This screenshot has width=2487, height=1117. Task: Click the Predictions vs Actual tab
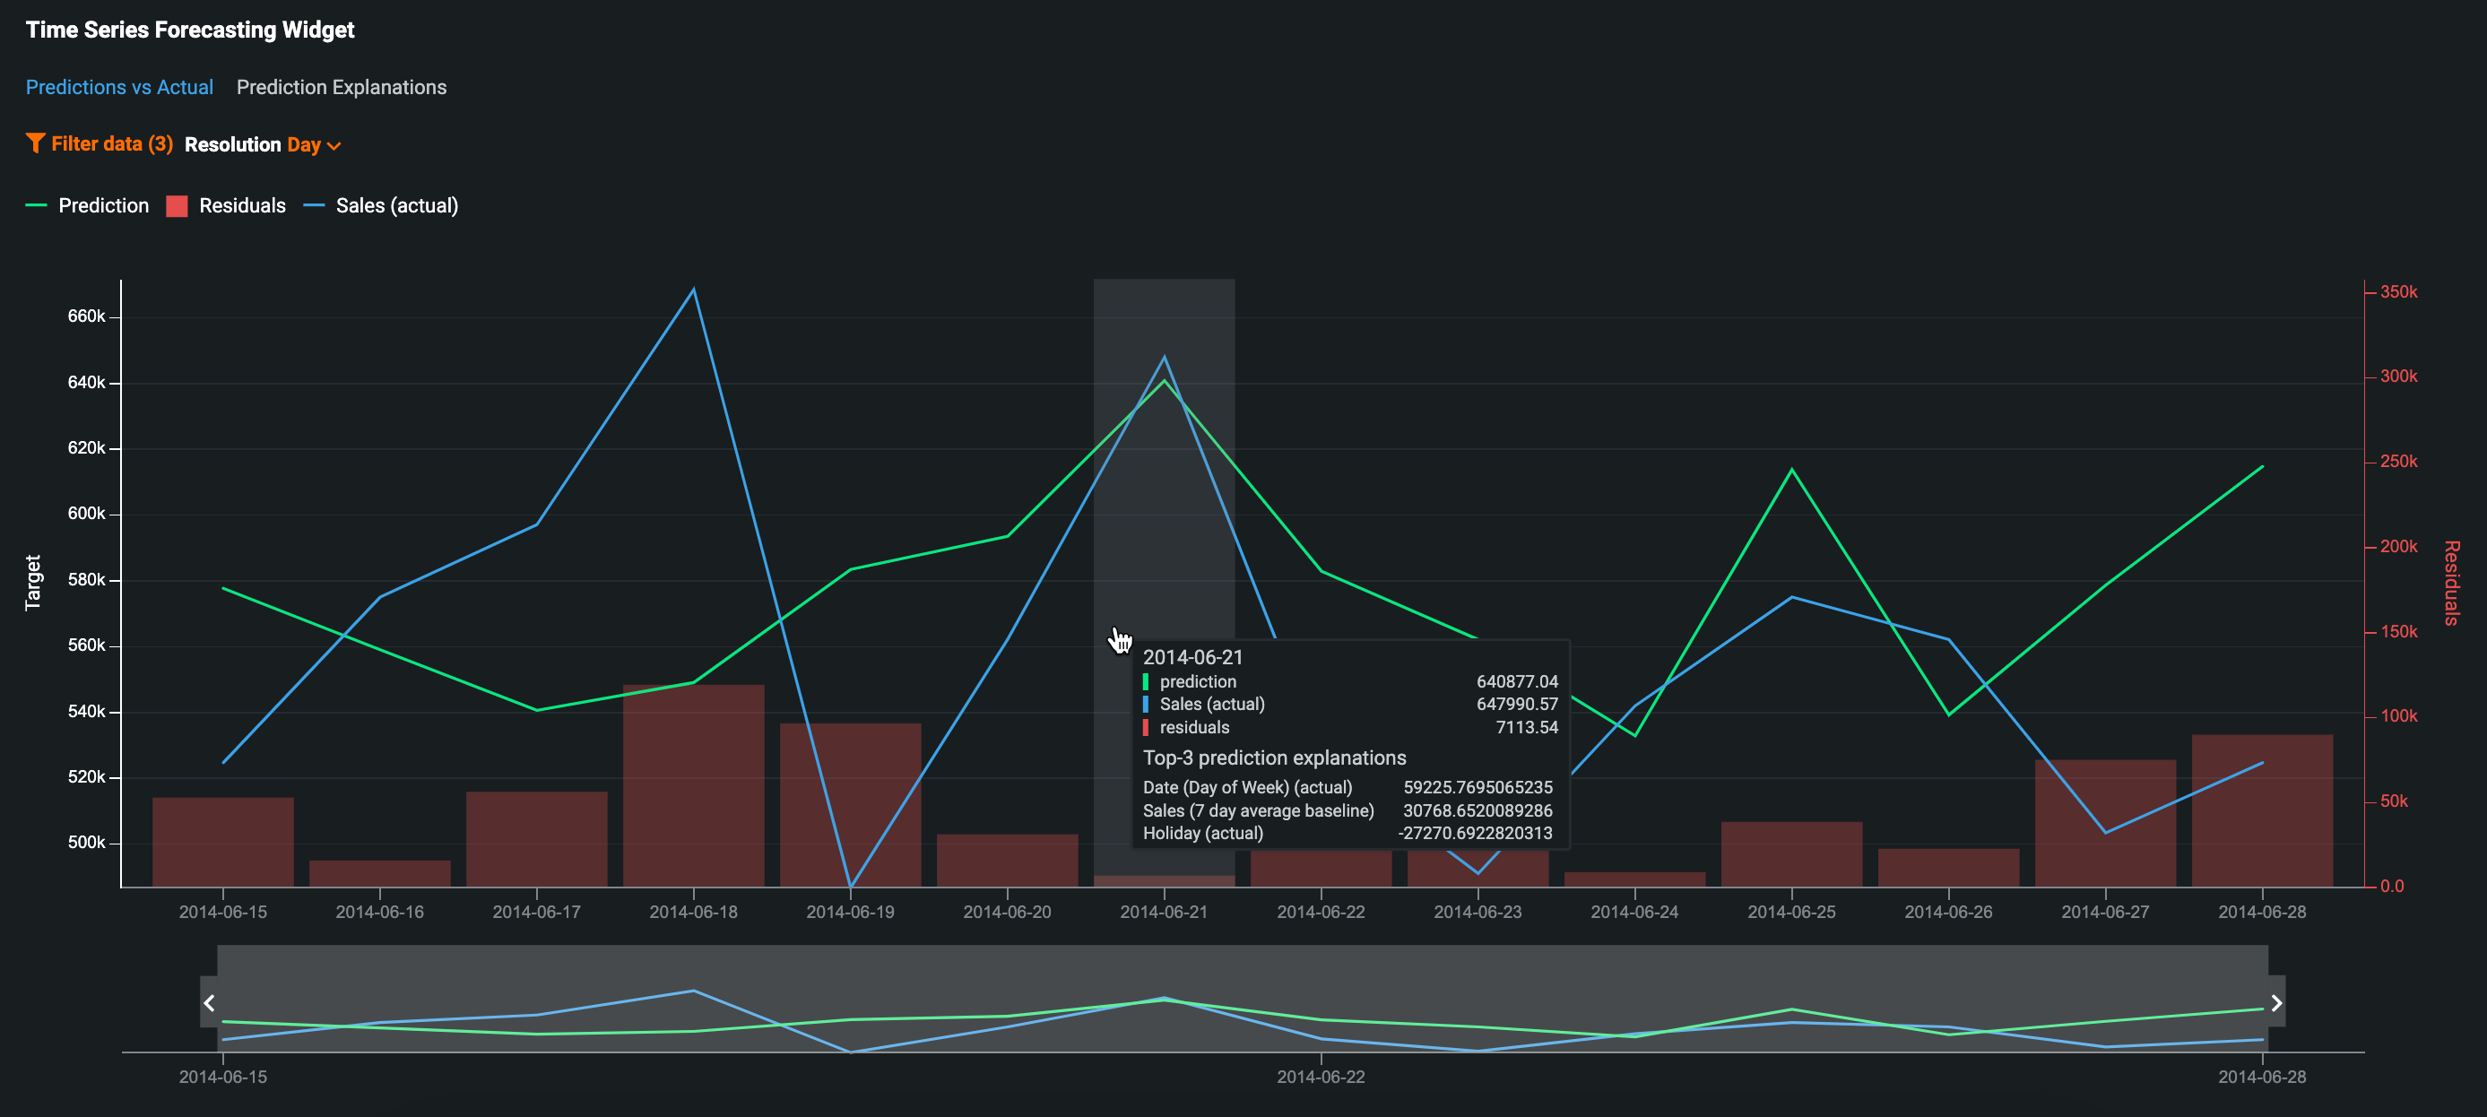click(x=118, y=87)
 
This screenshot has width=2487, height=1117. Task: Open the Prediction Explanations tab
click(x=341, y=87)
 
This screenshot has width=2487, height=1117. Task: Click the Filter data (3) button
click(x=100, y=143)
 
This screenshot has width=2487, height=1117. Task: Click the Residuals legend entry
click(x=226, y=205)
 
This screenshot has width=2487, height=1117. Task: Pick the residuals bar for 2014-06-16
click(x=379, y=873)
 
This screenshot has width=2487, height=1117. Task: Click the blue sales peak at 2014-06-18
click(x=693, y=289)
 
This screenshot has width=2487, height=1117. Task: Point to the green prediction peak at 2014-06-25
click(x=1792, y=470)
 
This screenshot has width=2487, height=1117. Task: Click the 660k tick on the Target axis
click(x=86, y=316)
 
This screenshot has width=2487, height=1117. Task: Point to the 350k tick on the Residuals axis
click(x=2398, y=291)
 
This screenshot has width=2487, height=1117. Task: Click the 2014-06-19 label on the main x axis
click(x=850, y=912)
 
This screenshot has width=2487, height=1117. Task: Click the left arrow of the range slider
click(x=209, y=1002)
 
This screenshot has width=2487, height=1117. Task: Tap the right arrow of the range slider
click(x=2276, y=1002)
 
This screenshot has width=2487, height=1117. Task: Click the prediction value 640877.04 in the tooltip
click(x=1517, y=681)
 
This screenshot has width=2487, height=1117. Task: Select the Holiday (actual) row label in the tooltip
click(x=1202, y=833)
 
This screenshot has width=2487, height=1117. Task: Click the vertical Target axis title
click(x=33, y=582)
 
